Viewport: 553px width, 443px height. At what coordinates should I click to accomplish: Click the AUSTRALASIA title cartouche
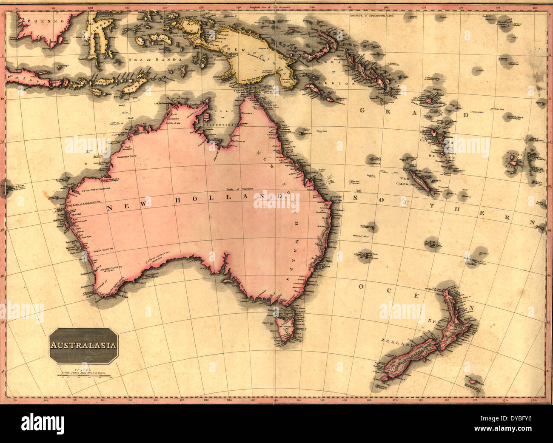(83, 345)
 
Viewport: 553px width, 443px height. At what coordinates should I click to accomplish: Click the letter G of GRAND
(362, 110)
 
